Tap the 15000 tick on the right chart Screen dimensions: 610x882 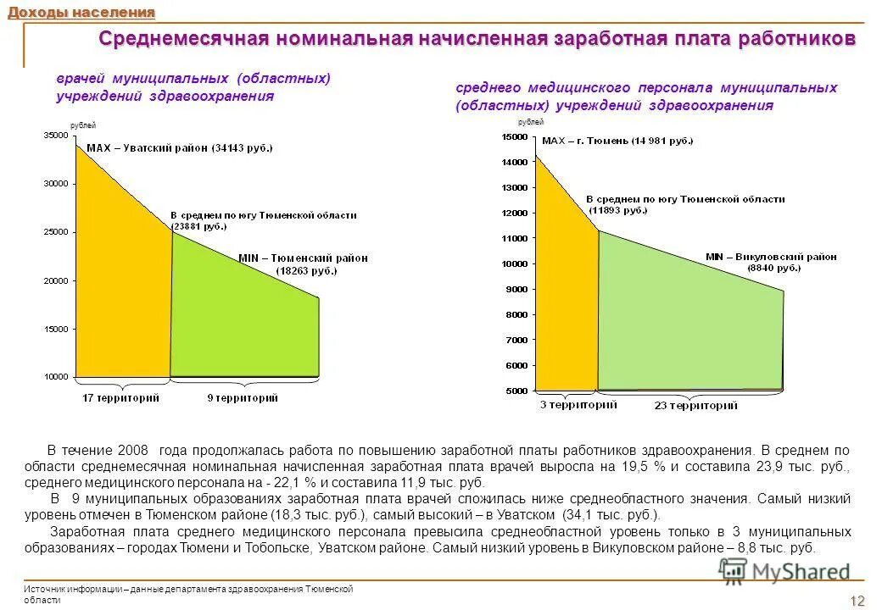[x=514, y=136]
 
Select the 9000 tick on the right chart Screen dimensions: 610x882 [x=516, y=289]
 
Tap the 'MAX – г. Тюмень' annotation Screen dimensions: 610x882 [x=617, y=141]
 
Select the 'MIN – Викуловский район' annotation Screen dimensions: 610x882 [x=771, y=256]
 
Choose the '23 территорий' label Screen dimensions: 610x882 [x=695, y=406]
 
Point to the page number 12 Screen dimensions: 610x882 [x=857, y=601]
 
